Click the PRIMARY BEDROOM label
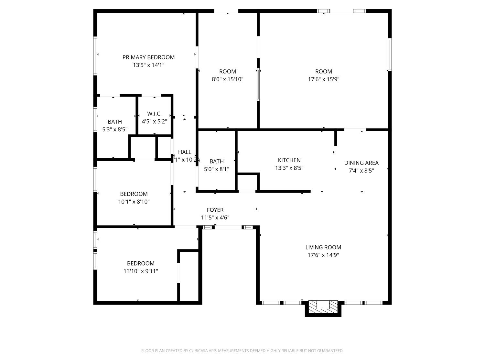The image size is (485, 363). click(x=148, y=57)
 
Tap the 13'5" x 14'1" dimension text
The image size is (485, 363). click(x=148, y=65)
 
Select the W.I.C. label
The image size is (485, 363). click(x=154, y=114)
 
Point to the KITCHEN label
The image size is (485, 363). click(x=289, y=160)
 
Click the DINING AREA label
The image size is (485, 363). click(x=361, y=163)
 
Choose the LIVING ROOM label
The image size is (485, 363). click(x=323, y=247)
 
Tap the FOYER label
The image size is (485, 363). click(x=215, y=210)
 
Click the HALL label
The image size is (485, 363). click(x=185, y=152)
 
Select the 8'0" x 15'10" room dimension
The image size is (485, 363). click(x=227, y=79)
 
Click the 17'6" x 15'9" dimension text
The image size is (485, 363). click(x=323, y=79)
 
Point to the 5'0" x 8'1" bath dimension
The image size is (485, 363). click(x=216, y=169)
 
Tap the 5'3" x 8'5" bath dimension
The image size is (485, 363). click(x=115, y=129)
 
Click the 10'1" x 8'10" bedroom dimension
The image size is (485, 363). click(x=134, y=202)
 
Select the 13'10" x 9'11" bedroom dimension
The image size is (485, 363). click(x=141, y=271)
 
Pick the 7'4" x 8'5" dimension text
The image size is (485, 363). click(x=361, y=171)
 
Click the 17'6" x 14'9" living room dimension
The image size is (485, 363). click(x=323, y=255)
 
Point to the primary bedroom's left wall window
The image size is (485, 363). click(x=95, y=56)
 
